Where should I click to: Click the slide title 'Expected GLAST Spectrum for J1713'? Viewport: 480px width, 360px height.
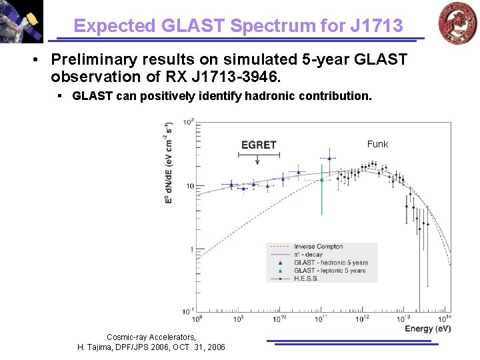[238, 26]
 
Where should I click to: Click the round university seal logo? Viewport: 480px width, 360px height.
[457, 23]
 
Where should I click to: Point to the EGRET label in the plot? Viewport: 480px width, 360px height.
[259, 145]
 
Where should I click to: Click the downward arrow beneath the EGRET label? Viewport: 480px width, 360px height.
[259, 159]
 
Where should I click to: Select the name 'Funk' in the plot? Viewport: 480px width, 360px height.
[377, 144]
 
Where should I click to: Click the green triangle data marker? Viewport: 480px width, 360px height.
[321, 179]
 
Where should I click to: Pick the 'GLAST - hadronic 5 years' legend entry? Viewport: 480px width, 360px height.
[329, 263]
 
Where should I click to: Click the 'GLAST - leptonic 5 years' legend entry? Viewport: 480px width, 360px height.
[329, 271]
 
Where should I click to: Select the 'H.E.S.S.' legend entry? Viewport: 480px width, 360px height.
[305, 279]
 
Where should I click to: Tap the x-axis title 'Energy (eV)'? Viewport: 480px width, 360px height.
[427, 329]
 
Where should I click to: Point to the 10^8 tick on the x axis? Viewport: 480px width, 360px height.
[198, 319]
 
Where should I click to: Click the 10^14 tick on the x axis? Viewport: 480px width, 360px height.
[445, 319]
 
